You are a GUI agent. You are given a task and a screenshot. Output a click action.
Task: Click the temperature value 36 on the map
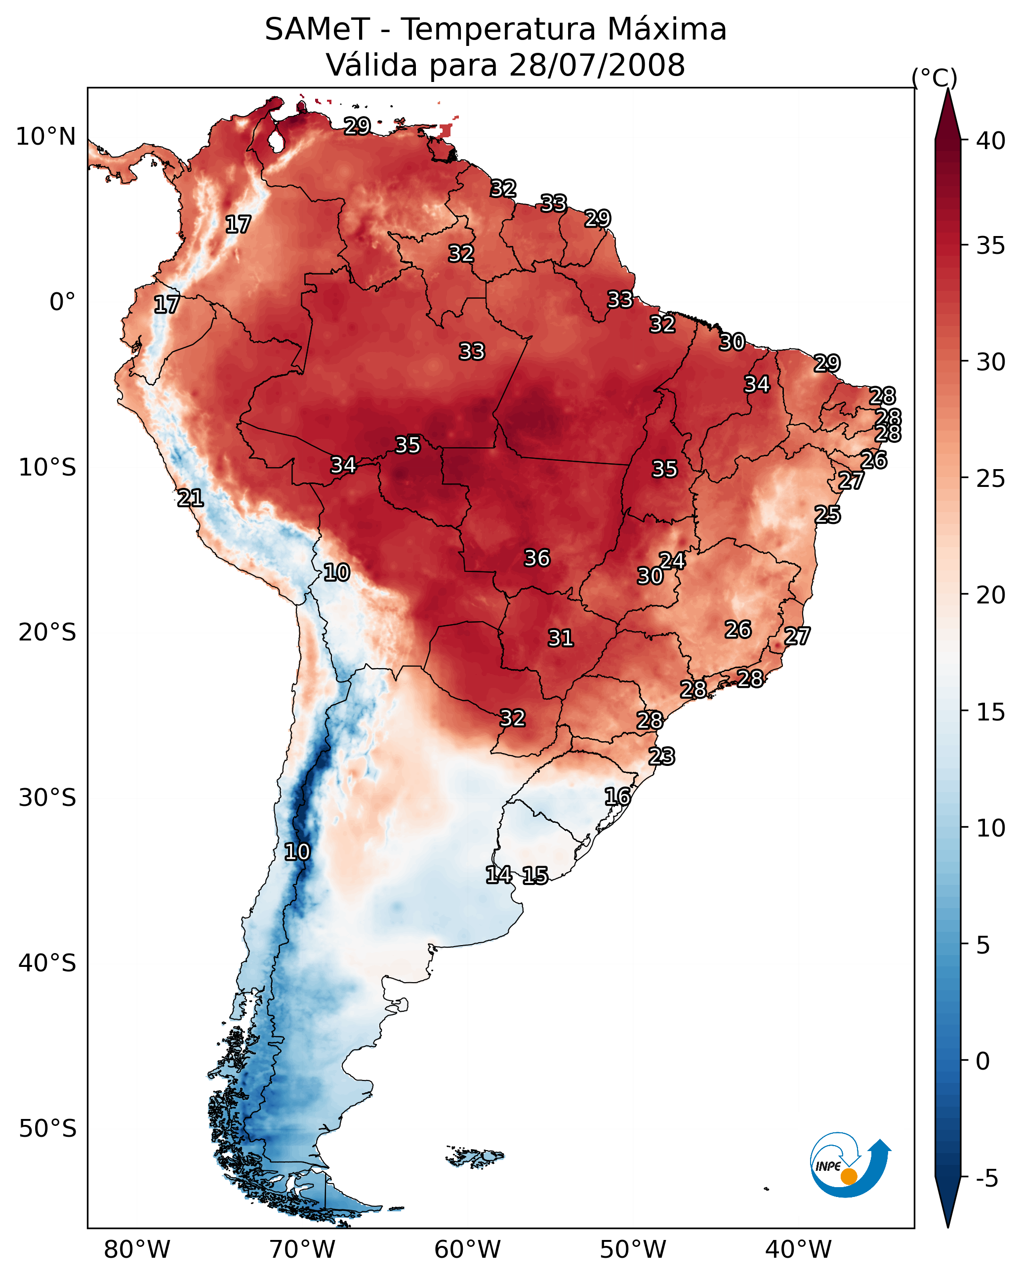point(537,558)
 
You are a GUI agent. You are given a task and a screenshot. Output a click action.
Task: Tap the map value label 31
point(561,638)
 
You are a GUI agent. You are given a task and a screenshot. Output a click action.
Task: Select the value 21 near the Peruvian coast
point(190,498)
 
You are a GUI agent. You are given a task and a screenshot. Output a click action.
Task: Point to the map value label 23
point(661,757)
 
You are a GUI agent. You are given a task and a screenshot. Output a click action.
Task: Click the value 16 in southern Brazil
point(617,797)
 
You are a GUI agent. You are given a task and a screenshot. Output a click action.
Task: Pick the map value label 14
point(499,875)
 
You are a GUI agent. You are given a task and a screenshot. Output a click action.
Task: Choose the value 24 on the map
point(673,560)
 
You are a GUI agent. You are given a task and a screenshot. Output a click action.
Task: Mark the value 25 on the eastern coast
point(827,515)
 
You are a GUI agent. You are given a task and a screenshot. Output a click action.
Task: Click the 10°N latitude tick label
point(45,137)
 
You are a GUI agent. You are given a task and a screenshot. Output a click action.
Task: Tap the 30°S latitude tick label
point(47,798)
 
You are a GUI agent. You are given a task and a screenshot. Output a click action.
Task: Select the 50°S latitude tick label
point(47,1128)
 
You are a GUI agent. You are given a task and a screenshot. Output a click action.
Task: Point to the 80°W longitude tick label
point(137,1249)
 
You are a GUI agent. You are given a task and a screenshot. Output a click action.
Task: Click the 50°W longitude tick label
point(633,1249)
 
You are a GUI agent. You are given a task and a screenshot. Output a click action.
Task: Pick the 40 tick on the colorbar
point(991,141)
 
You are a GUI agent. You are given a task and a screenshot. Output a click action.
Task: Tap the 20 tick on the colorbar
point(991,595)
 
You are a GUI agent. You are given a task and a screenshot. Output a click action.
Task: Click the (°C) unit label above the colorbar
point(935,78)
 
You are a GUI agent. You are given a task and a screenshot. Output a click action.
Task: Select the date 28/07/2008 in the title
point(597,65)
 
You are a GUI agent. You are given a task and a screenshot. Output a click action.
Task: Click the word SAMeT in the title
point(317,29)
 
